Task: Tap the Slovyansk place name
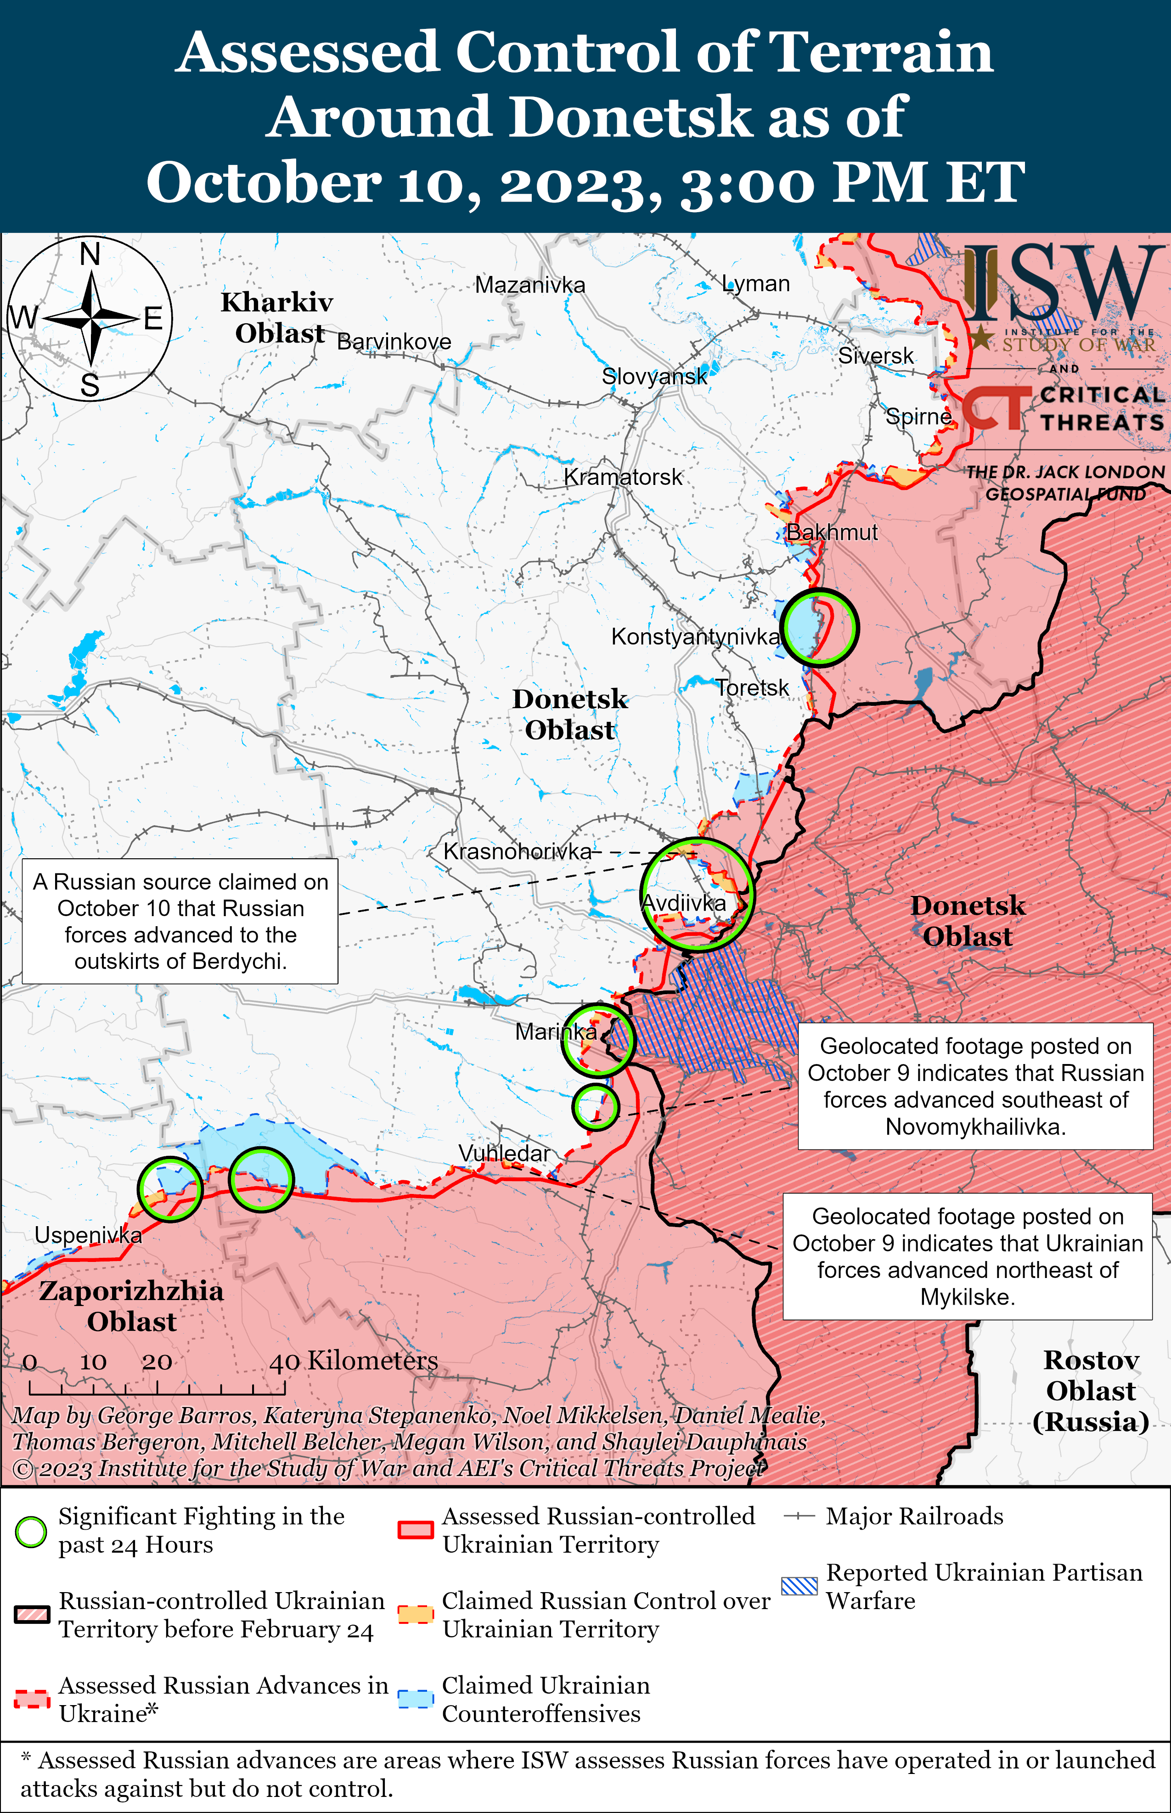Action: pos(654,376)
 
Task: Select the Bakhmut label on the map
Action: pos(831,532)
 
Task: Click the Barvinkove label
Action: pos(394,342)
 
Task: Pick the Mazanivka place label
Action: pos(530,285)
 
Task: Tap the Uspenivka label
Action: pos(88,1235)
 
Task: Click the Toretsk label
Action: pos(752,688)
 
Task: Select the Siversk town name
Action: pos(876,356)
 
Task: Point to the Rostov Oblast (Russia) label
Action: pos(1090,1391)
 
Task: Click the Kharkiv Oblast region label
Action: pos(277,318)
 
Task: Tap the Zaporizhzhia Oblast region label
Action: pos(131,1306)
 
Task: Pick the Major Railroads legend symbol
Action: pos(799,1516)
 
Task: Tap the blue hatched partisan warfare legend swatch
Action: pos(799,1586)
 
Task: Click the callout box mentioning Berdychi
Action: pos(180,921)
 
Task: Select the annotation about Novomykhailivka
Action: pos(975,1086)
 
